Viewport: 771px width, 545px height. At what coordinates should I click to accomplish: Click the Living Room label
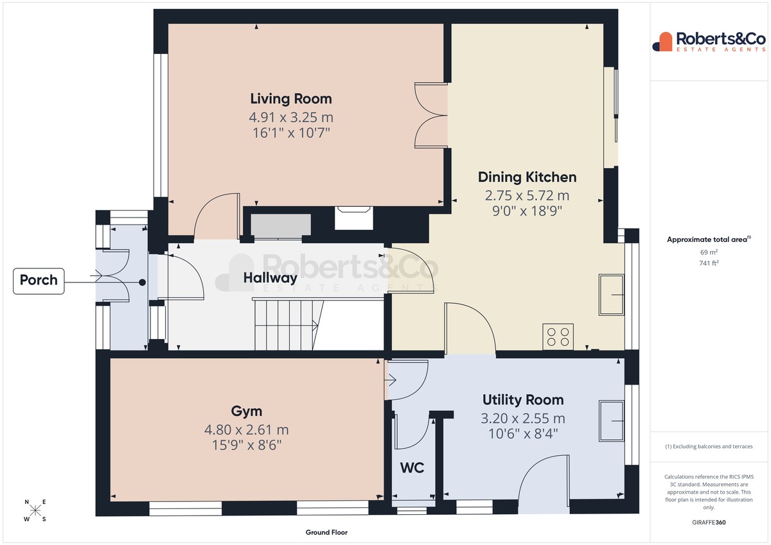(x=291, y=99)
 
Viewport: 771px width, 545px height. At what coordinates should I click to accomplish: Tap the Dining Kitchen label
(x=527, y=177)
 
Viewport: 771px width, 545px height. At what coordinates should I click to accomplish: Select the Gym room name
(x=247, y=411)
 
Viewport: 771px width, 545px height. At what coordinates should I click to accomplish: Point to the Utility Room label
(x=523, y=400)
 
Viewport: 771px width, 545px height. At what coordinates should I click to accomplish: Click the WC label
(x=412, y=468)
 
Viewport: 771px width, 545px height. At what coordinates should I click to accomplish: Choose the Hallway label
(x=270, y=278)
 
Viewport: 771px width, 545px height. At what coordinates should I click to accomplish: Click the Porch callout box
(x=39, y=281)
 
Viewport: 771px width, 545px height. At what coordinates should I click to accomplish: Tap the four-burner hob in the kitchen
(x=558, y=336)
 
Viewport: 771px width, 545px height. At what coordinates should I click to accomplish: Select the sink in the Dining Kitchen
(x=611, y=295)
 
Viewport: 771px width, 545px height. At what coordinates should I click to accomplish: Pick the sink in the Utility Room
(x=611, y=421)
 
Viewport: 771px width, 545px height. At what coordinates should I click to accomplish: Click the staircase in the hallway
(x=288, y=324)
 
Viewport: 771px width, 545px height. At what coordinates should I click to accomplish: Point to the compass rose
(x=35, y=510)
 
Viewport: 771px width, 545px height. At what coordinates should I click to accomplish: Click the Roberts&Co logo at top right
(x=709, y=42)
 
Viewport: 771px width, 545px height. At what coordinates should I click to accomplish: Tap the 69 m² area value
(x=709, y=252)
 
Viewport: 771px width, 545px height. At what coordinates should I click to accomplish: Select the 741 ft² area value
(x=709, y=263)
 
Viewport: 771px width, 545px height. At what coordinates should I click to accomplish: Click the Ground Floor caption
(x=326, y=532)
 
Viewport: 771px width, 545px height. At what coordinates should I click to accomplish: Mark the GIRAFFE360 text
(x=709, y=523)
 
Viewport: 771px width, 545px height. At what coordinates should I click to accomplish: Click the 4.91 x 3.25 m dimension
(x=291, y=117)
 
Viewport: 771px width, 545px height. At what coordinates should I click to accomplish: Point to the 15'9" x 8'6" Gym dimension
(x=247, y=446)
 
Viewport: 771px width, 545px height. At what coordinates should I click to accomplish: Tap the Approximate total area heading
(x=709, y=239)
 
